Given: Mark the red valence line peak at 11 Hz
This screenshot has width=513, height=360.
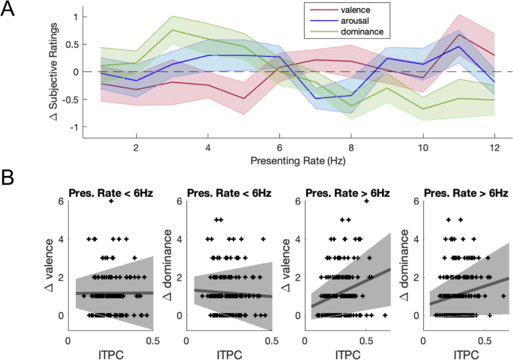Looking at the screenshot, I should coord(458,34).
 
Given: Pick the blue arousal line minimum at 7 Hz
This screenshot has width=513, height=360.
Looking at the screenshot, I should coord(316,98).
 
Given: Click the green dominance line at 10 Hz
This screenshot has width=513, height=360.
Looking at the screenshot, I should coord(422,109).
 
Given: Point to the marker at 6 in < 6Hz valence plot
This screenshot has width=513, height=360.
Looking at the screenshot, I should coord(112,201).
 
